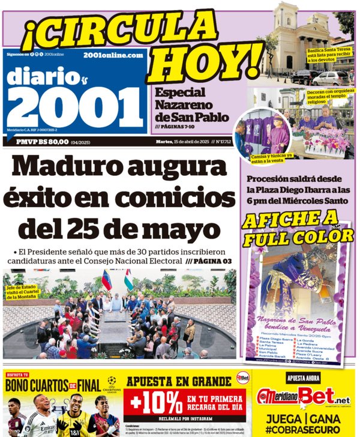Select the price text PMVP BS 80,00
point(45,142)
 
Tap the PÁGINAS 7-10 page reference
point(178,127)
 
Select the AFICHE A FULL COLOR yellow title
point(298,229)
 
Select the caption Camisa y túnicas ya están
point(264,157)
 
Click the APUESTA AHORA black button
point(303,379)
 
